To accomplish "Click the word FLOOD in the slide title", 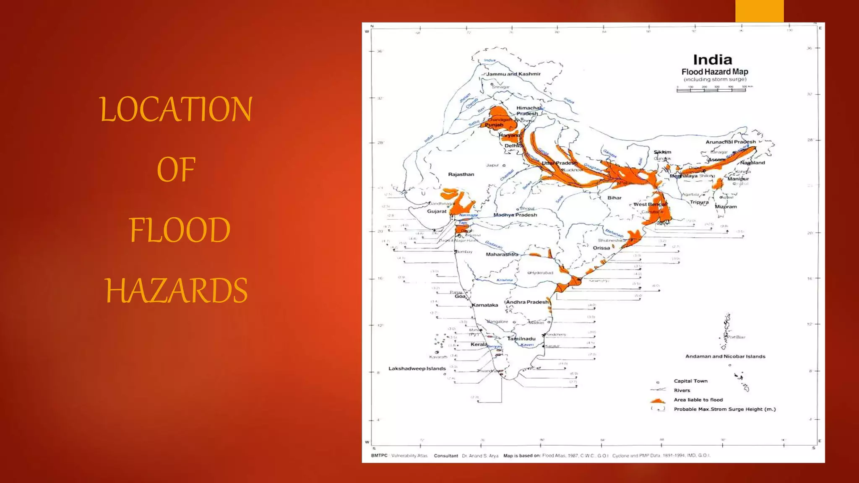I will click(180, 230).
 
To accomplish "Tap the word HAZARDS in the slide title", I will click(177, 291).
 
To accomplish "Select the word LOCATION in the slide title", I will click(176, 109).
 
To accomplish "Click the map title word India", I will click(712, 60).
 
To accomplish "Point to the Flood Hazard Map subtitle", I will click(715, 72).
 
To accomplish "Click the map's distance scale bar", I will click(711, 89).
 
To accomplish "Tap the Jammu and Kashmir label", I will click(513, 74).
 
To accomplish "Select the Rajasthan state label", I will click(461, 174).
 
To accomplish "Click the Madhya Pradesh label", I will click(515, 215).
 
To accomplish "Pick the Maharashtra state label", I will click(502, 254).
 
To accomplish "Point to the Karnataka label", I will click(485, 305).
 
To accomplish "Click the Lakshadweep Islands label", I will click(417, 369).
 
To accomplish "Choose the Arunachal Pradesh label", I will click(730, 142).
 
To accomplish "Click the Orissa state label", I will click(601, 248).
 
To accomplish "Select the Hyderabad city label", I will click(541, 273).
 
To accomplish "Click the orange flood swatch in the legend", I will click(657, 400).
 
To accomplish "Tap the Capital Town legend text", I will click(690, 381).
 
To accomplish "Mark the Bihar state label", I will click(614, 198).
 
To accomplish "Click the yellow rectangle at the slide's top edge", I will click(759, 11).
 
